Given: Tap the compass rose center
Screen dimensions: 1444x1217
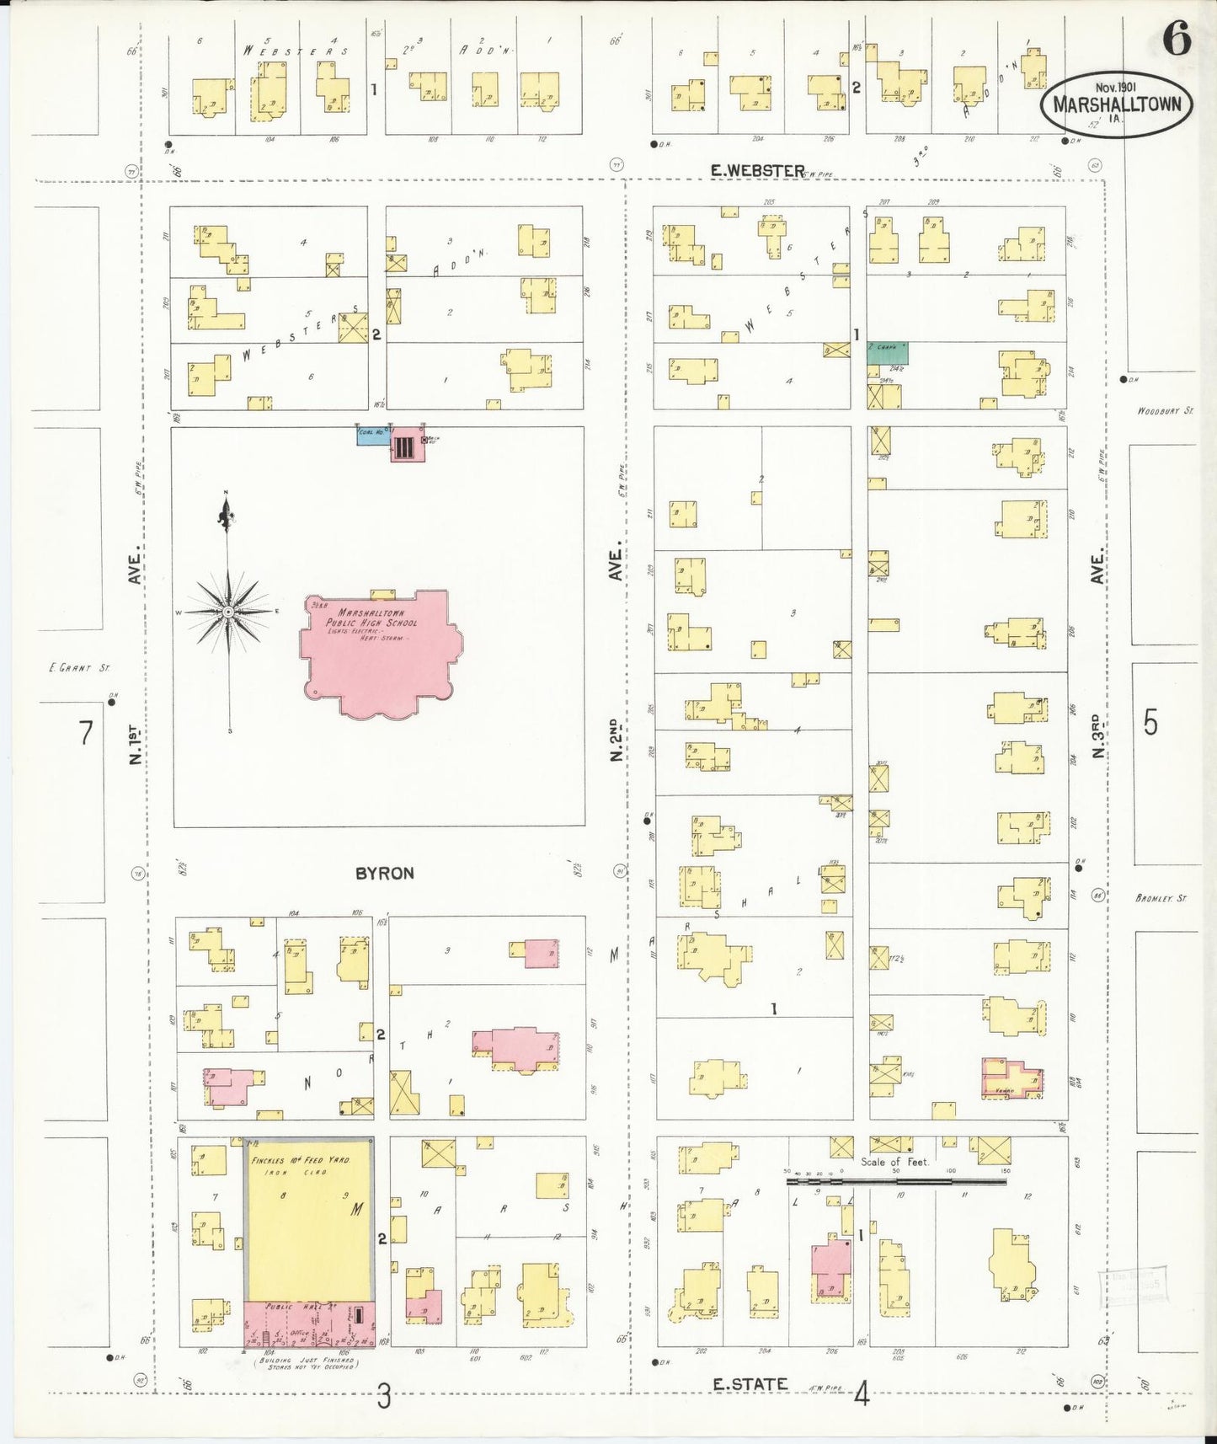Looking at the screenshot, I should click(227, 610).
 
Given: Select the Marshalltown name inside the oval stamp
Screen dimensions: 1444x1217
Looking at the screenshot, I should click(1117, 106).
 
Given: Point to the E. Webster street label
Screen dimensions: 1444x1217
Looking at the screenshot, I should click(757, 170).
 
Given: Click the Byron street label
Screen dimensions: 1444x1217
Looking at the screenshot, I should click(384, 874).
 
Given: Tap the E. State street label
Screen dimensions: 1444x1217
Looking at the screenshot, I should click(750, 1383).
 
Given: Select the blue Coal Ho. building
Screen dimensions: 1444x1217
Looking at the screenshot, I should click(372, 435).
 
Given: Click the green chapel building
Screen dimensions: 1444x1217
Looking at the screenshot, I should click(888, 352).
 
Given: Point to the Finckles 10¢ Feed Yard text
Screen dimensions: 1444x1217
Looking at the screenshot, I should click(300, 1160).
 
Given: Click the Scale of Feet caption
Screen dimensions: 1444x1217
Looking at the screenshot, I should click(894, 1162).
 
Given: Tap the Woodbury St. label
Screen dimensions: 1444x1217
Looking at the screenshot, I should click(1165, 411).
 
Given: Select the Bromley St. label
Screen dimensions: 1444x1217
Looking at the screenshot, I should click(1160, 898).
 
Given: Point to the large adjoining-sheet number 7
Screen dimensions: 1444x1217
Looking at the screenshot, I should click(85, 733).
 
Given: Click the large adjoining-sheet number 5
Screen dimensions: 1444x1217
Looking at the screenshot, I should click(1150, 723).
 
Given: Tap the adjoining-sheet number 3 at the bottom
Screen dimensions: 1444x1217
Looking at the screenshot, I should click(384, 1399).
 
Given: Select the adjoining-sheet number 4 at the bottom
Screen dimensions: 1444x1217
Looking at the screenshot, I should click(861, 1396).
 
